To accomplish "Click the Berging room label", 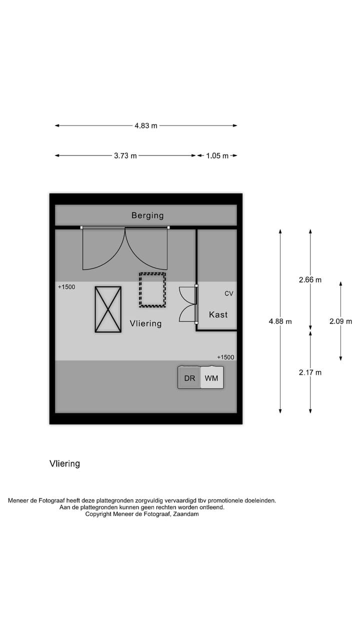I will tap(147, 215).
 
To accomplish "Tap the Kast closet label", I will tap(218, 314).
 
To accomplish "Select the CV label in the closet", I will tap(228, 293).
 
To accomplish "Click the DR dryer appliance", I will tap(189, 378).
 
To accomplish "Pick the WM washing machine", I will tap(211, 378).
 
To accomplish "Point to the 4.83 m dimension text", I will tap(145, 125).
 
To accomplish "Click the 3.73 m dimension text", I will tap(125, 155).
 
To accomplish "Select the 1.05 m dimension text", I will tap(217, 155).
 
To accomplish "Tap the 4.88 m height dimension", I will tap(280, 321).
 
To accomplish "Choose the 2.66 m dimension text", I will tap(310, 280).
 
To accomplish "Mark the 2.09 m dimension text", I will tap(340, 321).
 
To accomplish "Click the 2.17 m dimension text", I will tap(310, 372).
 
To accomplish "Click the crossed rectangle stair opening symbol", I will tap(108, 309).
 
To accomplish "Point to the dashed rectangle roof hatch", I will tap(152, 289).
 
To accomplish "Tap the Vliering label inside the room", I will tap(145, 323).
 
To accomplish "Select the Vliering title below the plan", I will tap(64, 463).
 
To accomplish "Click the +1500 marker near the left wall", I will tap(66, 287).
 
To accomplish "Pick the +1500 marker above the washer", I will tap(225, 357).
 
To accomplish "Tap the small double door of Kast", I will tap(187, 304).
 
